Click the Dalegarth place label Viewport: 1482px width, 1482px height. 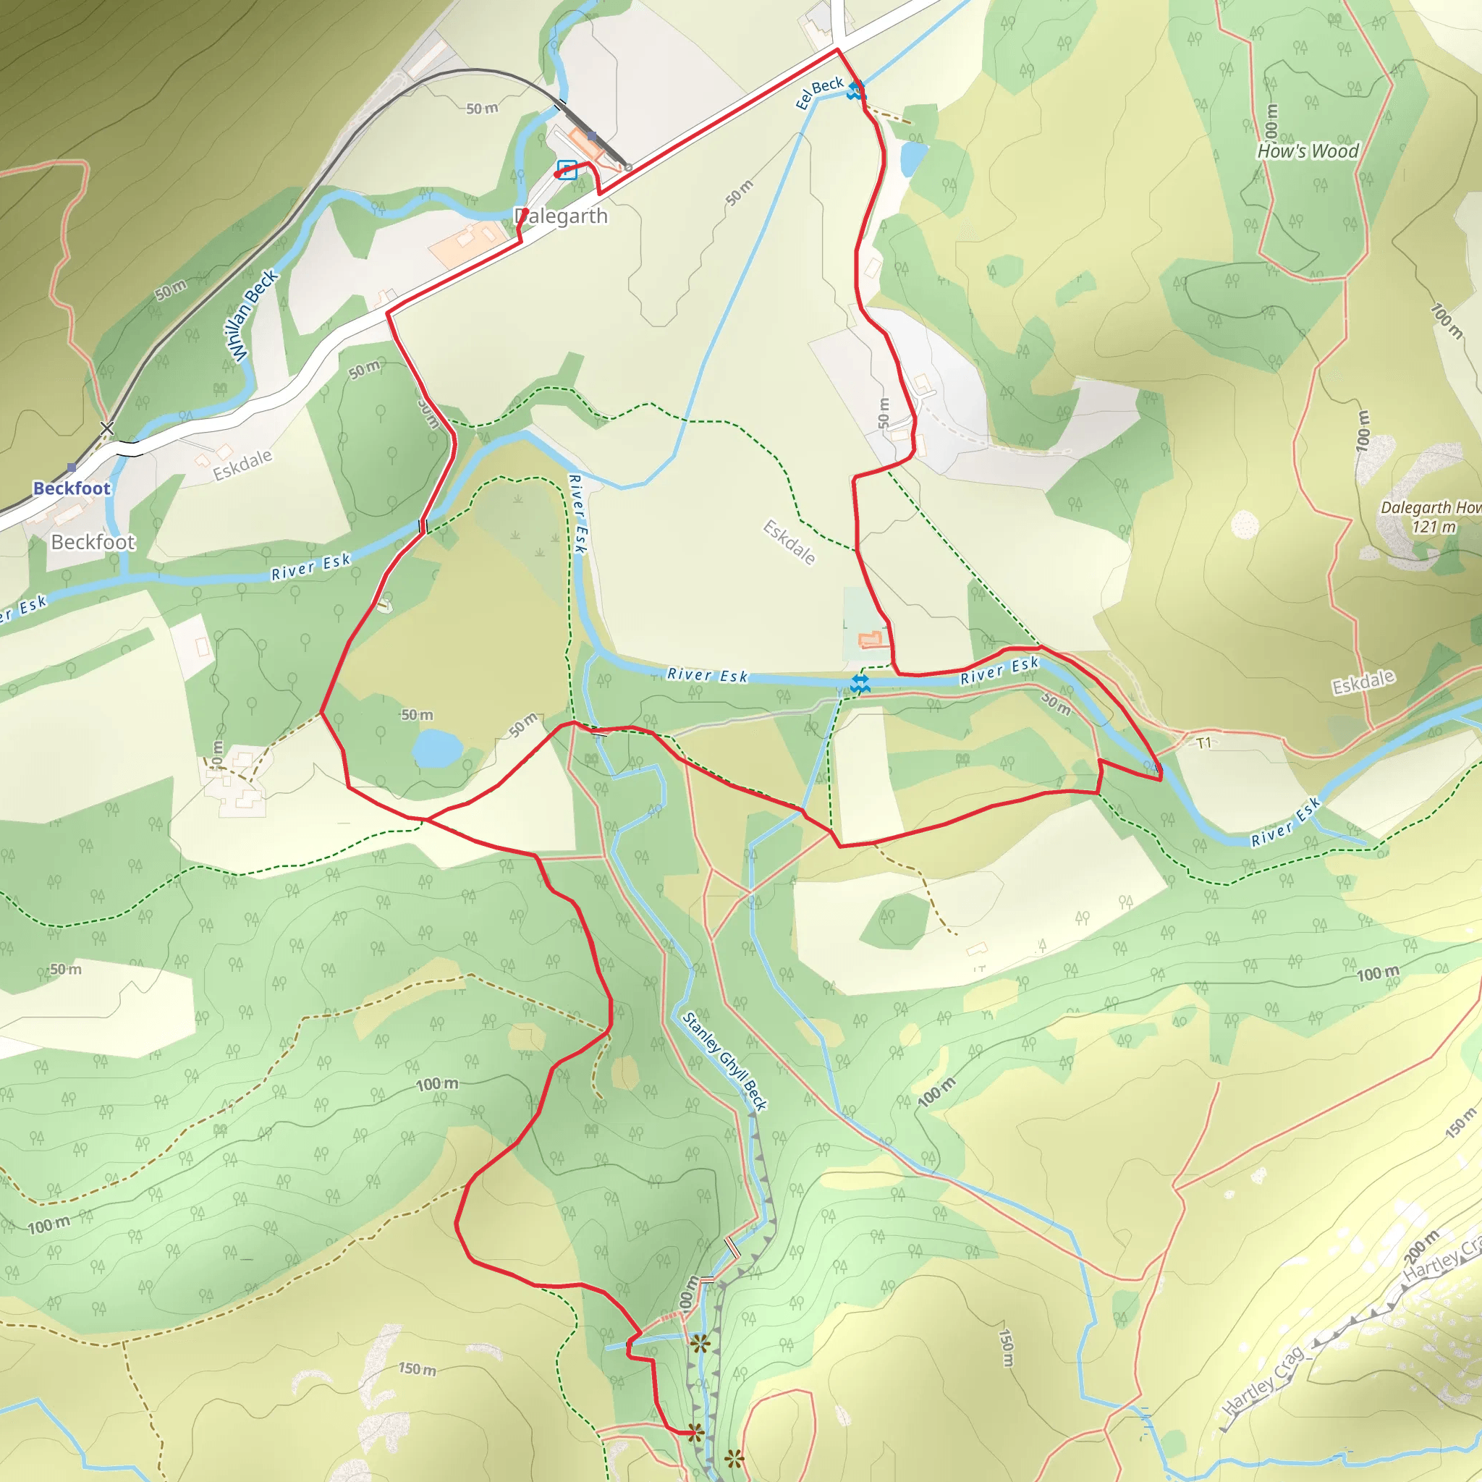[x=562, y=216]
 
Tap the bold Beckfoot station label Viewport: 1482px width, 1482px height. [x=72, y=488]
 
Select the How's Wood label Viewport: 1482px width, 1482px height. [x=1307, y=151]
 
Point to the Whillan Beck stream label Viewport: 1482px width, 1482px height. [x=253, y=316]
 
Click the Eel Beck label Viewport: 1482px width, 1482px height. [x=819, y=93]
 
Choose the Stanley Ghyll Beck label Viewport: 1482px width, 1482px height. [x=724, y=1062]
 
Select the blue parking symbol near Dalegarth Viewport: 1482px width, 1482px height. [x=567, y=169]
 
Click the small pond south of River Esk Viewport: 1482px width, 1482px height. [x=436, y=748]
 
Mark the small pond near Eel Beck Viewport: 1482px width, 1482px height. [x=913, y=158]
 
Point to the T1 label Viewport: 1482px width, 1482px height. [x=1203, y=742]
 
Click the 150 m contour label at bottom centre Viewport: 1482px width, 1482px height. [x=418, y=1368]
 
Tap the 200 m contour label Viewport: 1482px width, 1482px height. [x=1421, y=1248]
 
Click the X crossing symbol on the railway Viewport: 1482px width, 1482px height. [x=107, y=428]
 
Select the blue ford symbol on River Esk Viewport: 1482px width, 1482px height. [x=860, y=685]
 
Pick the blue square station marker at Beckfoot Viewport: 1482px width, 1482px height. [x=72, y=467]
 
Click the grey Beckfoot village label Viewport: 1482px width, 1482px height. [x=93, y=542]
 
